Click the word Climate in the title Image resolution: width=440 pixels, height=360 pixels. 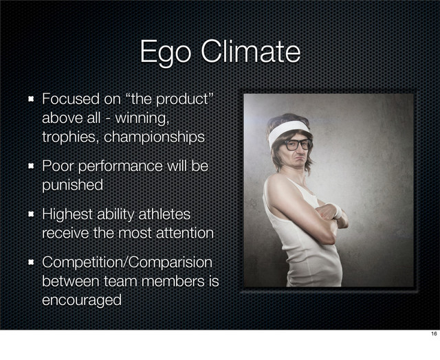point(248,52)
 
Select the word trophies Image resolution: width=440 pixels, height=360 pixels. point(70,137)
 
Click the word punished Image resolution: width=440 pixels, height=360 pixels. point(73,185)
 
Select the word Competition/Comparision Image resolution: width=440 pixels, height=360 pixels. point(127,263)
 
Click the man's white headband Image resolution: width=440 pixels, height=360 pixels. point(289,128)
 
